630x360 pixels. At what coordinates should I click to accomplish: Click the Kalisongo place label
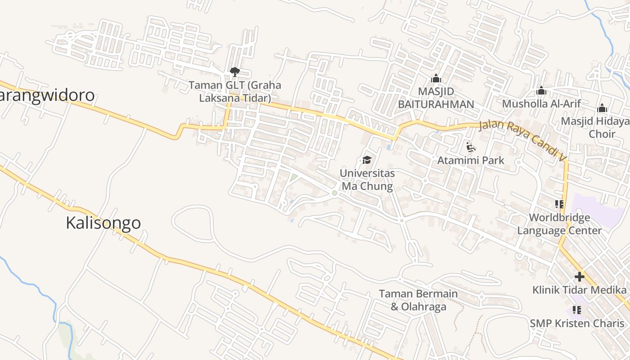click(x=103, y=223)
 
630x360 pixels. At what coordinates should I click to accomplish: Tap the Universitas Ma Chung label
click(x=367, y=180)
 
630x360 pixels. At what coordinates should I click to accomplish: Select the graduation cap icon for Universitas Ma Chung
click(x=367, y=160)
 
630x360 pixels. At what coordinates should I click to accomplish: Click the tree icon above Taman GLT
click(x=234, y=72)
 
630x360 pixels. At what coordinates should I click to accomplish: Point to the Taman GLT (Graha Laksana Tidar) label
click(x=234, y=91)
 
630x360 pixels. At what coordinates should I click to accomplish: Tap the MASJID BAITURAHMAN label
click(x=436, y=98)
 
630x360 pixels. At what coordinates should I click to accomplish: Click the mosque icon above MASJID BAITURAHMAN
click(x=436, y=79)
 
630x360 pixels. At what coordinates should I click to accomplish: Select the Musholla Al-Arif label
click(x=541, y=103)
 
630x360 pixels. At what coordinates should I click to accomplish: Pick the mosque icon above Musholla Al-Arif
click(x=541, y=91)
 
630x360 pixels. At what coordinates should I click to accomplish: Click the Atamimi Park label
click(x=471, y=160)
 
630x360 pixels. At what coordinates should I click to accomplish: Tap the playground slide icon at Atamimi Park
click(x=471, y=147)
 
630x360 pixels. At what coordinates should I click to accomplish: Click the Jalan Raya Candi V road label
click(x=522, y=140)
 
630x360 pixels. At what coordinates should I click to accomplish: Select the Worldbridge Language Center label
click(x=559, y=224)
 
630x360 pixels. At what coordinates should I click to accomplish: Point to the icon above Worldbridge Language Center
click(x=559, y=205)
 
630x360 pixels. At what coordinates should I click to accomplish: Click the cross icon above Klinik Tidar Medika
click(x=579, y=277)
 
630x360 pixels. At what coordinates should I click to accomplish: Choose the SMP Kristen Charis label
click(x=577, y=323)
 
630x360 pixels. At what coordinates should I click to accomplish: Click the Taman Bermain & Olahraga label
click(x=418, y=300)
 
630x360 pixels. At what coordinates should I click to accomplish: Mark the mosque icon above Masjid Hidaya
click(x=602, y=108)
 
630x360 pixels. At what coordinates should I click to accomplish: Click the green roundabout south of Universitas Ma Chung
click(x=334, y=193)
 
